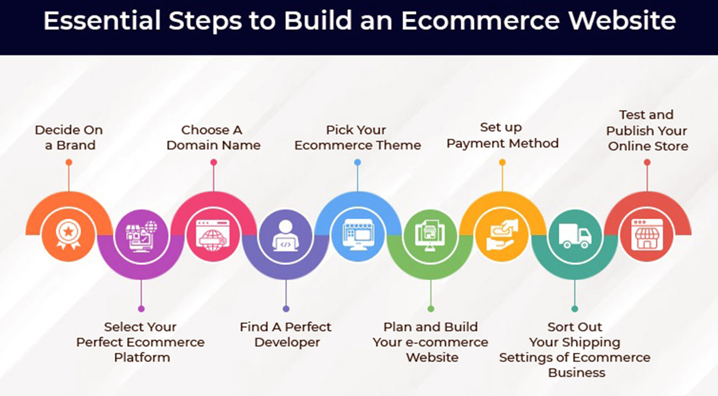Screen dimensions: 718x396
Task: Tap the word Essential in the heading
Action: tap(102, 20)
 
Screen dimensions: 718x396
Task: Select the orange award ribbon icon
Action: tap(68, 234)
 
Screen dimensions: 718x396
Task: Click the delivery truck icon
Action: tap(575, 235)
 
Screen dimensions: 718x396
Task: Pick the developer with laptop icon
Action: tap(286, 235)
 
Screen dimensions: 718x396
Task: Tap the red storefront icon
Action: tap(647, 234)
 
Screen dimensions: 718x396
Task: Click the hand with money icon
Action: tap(502, 235)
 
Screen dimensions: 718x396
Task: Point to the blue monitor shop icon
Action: tap(358, 235)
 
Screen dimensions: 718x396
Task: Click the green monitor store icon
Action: tap(430, 235)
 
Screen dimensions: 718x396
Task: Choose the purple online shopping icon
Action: tap(141, 236)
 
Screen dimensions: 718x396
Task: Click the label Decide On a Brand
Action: tap(69, 138)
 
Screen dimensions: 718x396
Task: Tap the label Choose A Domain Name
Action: tap(213, 138)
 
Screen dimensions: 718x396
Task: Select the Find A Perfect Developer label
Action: tap(286, 335)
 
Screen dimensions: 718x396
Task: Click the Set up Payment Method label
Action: tap(502, 135)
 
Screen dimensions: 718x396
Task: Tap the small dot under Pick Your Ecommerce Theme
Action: tap(358, 162)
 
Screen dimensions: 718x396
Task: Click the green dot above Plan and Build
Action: tap(431, 308)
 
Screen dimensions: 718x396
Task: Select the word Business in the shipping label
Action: tap(577, 373)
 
